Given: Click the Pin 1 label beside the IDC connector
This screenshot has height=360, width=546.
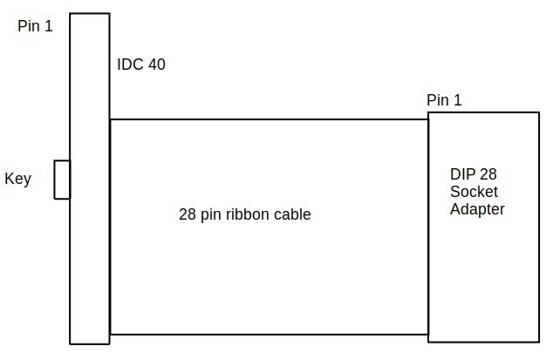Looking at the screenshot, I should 35,26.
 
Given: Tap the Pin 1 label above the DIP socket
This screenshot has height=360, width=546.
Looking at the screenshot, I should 444,100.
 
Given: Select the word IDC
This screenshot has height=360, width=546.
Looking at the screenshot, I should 129,65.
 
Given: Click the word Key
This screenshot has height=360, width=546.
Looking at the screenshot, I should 17,180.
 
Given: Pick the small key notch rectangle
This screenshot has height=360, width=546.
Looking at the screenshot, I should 62,180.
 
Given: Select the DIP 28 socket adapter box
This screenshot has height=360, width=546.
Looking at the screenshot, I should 483,270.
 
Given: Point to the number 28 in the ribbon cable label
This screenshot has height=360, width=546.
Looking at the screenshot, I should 186,214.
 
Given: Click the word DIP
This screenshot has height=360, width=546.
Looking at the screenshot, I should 461,173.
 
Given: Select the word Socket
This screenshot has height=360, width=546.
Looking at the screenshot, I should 472,191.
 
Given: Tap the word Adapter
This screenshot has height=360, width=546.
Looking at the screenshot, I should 477,209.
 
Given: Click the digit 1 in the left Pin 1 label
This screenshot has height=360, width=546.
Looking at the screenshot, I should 49,26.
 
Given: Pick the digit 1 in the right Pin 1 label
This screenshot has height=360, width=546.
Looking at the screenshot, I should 457,100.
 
